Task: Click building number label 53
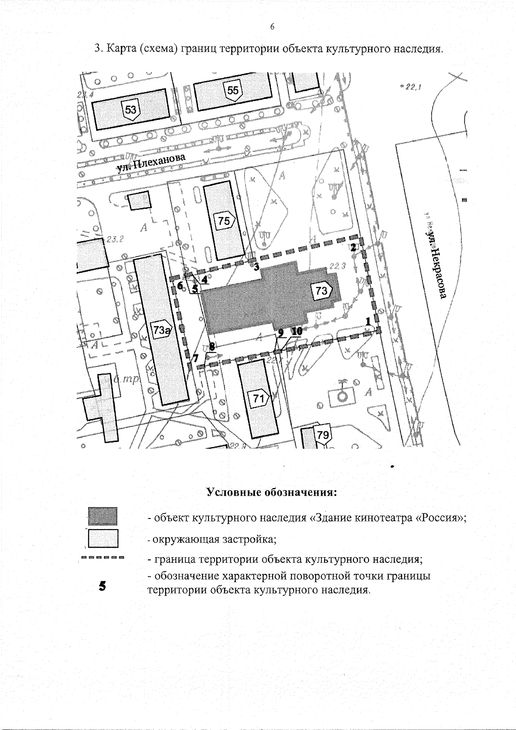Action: [x=131, y=109]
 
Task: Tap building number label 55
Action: [x=233, y=91]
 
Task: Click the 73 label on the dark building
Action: [x=322, y=291]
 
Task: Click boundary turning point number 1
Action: [x=368, y=321]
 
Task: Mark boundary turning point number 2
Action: [x=353, y=248]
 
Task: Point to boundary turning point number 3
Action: [x=256, y=267]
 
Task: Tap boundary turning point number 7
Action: [x=196, y=358]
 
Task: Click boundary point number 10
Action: [x=297, y=331]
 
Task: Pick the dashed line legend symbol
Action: [x=102, y=559]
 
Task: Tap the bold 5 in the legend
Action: [x=102, y=586]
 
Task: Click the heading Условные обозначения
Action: [x=272, y=492]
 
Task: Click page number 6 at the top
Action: [x=272, y=27]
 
